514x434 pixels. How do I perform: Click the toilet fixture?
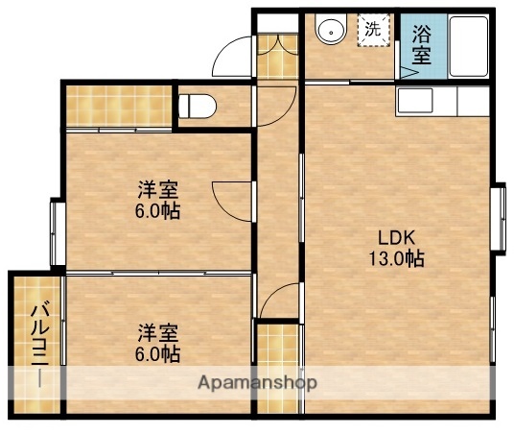coord(194,105)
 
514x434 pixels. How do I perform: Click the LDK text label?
coord(394,236)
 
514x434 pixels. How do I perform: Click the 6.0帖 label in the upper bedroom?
coord(158,210)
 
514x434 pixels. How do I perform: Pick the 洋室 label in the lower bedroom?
coord(157,333)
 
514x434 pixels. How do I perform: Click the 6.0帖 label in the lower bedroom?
coord(158,354)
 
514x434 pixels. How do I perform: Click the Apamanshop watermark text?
coord(257,381)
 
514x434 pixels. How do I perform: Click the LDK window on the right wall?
coord(499,218)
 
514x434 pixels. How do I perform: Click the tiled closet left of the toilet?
coord(119,107)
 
